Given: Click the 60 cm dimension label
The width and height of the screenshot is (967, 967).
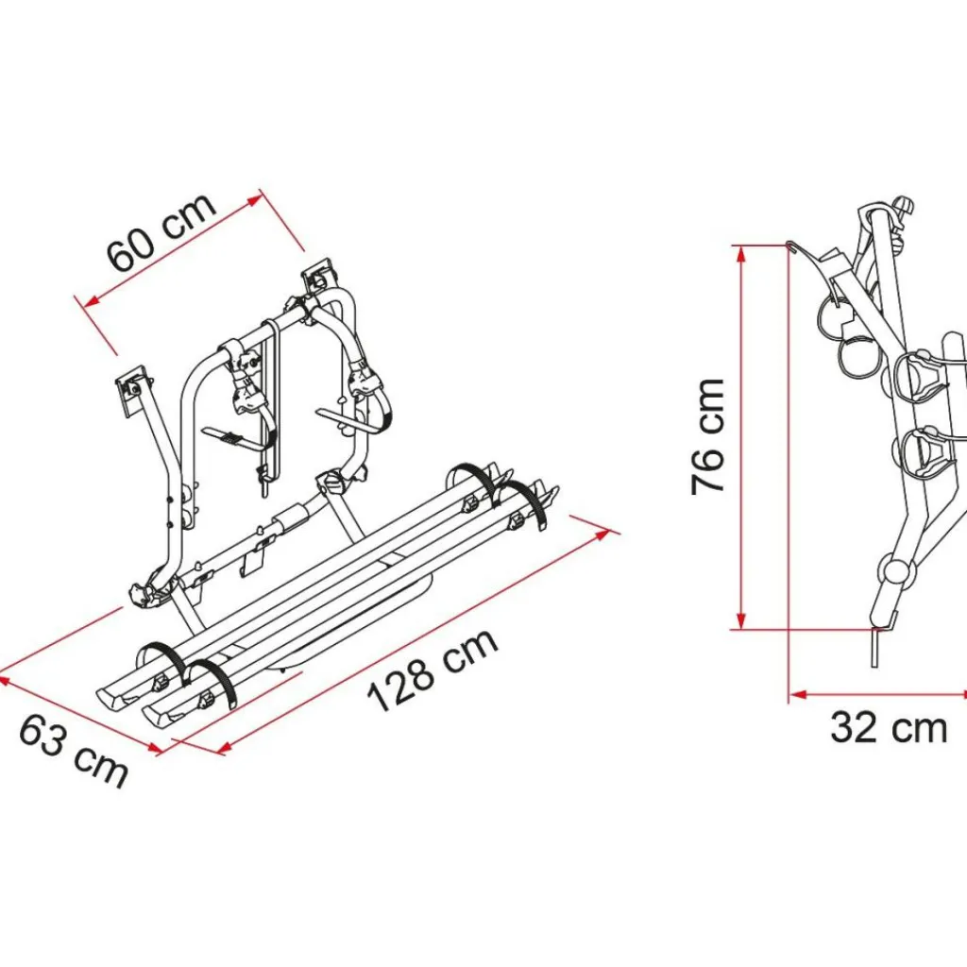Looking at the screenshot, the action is [x=161, y=231].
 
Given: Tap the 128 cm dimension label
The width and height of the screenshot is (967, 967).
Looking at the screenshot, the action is [x=432, y=670].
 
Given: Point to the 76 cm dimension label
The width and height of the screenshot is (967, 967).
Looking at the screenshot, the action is [x=707, y=436].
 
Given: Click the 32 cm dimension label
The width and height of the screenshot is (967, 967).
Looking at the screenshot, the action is [x=889, y=728].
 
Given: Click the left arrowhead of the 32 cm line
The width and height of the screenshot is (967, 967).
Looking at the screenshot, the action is [x=798, y=695].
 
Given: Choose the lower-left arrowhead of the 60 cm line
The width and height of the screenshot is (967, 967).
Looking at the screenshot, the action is [x=92, y=301].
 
